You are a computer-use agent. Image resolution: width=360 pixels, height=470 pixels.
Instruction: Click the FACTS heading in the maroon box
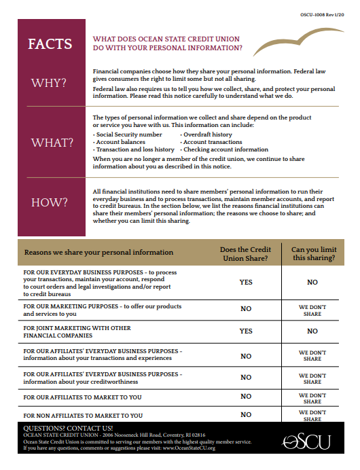(50, 44)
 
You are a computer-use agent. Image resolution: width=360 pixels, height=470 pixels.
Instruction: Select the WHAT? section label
(50, 143)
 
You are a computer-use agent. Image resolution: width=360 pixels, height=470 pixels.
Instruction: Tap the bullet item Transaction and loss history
(134, 149)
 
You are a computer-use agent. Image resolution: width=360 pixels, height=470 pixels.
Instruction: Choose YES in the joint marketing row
(246, 331)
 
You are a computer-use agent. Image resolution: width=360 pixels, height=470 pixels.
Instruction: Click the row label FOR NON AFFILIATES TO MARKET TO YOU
(83, 414)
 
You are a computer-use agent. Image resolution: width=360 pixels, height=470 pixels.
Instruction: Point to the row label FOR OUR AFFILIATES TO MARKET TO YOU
(82, 397)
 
